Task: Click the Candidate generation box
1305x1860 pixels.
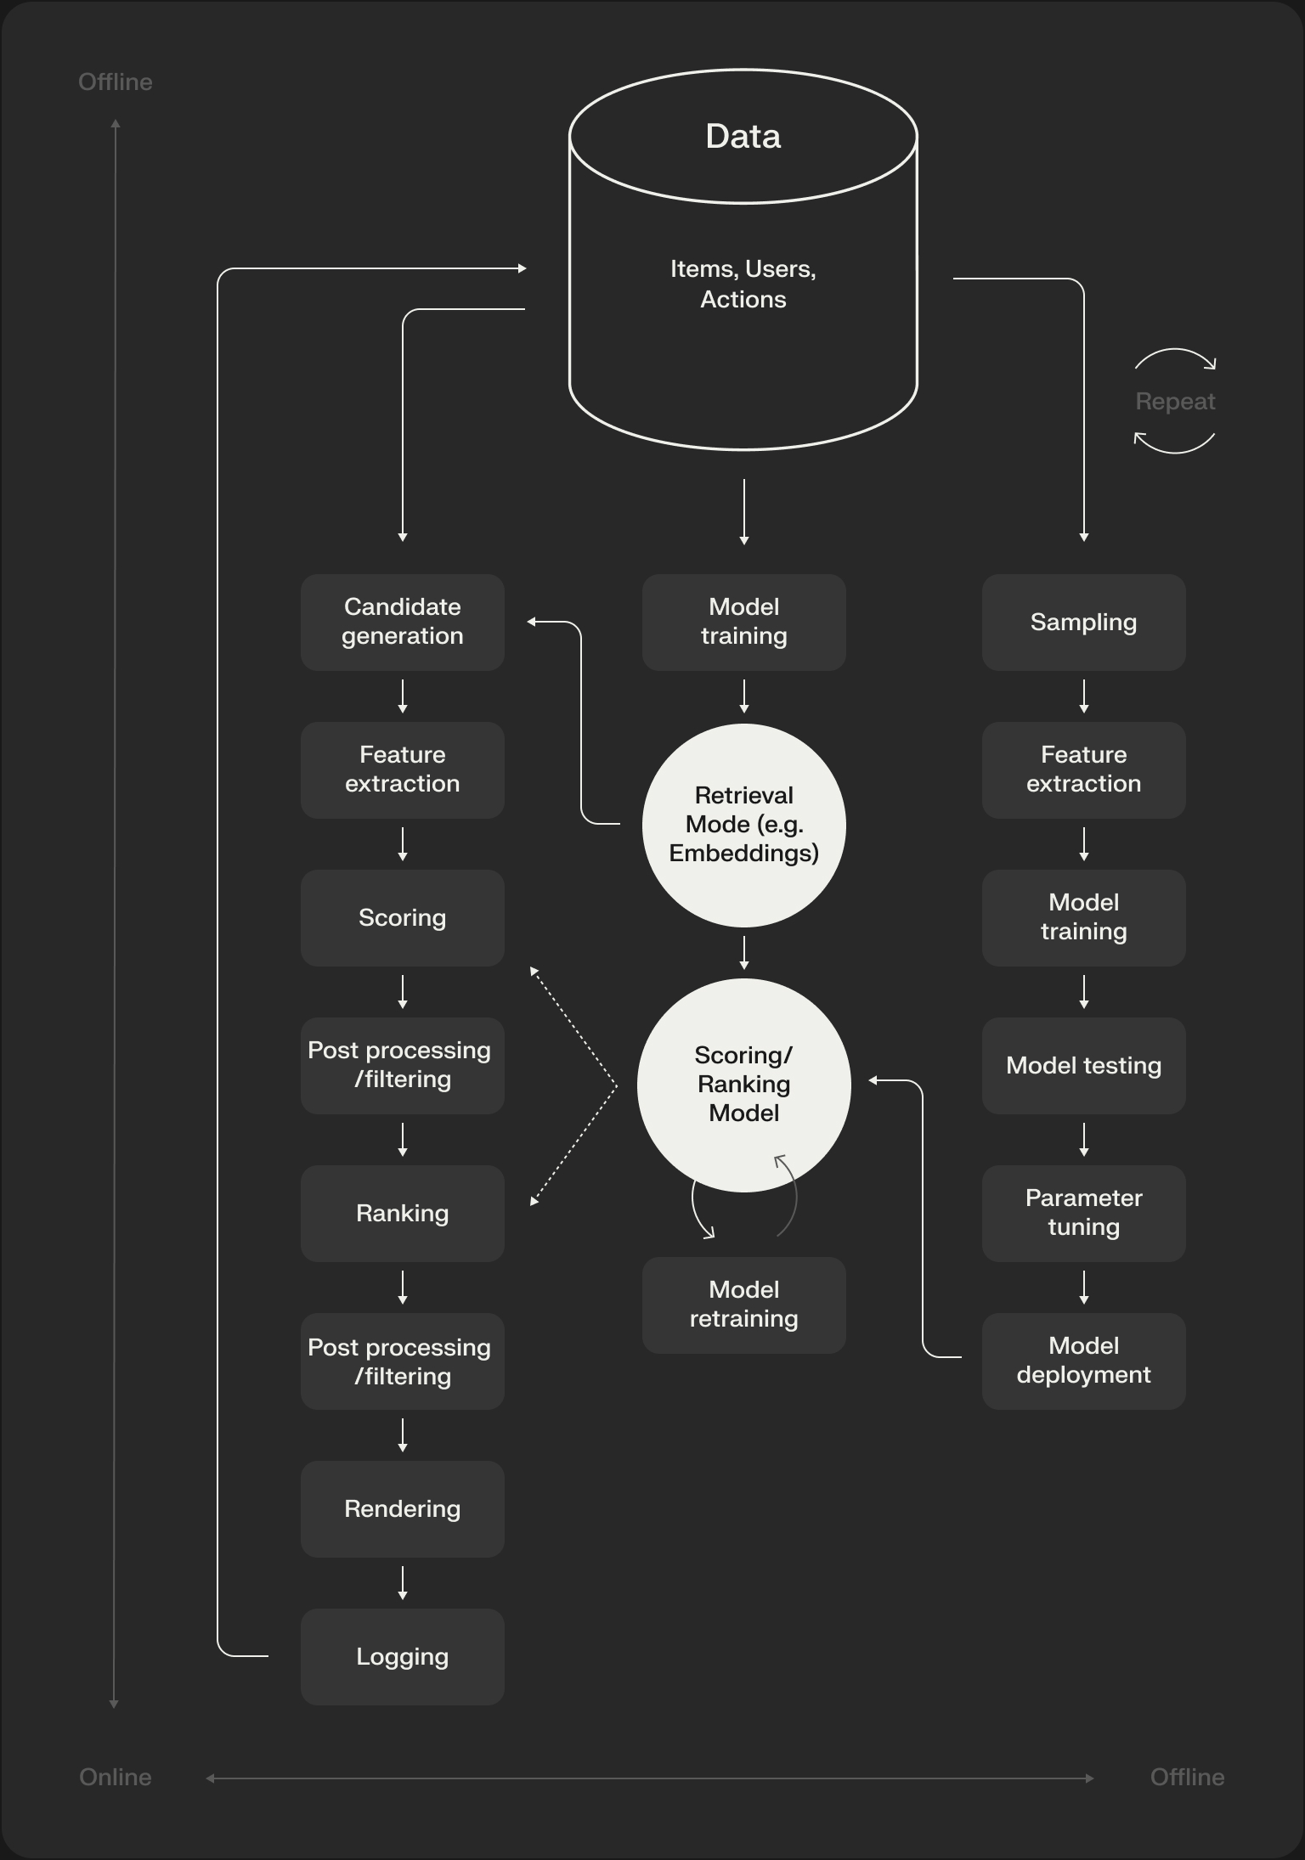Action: coord(402,622)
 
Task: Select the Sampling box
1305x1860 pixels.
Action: coord(1083,622)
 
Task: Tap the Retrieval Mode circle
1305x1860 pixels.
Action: coord(743,825)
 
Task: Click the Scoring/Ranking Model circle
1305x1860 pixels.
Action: coord(743,1084)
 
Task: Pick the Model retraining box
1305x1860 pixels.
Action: coord(743,1305)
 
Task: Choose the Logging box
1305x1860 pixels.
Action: coord(402,1656)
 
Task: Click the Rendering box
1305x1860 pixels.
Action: coord(402,1508)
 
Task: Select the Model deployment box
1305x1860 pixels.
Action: coord(1083,1361)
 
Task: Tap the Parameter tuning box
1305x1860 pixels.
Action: coord(1083,1213)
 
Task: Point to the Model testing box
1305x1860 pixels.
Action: coord(1083,1065)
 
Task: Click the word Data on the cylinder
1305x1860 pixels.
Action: coord(743,136)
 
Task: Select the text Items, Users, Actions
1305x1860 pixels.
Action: coord(743,284)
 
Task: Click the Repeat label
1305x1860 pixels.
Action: coord(1175,401)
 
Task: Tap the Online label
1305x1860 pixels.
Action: coord(116,1777)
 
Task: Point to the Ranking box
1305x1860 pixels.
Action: coord(402,1213)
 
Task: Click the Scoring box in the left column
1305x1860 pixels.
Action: coord(402,917)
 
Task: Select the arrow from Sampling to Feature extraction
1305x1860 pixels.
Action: coord(1083,696)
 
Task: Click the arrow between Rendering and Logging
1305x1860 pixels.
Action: coord(402,1583)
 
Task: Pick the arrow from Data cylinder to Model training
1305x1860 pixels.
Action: coord(743,511)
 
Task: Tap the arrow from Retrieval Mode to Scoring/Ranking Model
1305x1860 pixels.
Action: coord(743,952)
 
